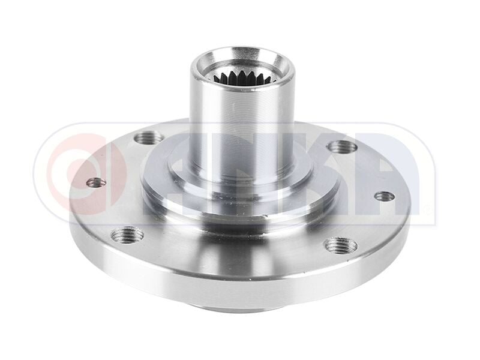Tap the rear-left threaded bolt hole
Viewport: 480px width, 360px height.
point(148,138)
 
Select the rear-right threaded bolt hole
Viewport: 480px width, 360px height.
point(343,146)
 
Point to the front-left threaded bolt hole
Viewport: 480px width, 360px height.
point(127,234)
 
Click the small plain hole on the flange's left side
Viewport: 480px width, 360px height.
point(96,182)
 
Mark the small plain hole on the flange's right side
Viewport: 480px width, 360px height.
point(384,196)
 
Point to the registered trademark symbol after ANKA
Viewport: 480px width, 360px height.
point(427,211)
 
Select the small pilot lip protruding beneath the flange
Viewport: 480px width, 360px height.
point(240,308)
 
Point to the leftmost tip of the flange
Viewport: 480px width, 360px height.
point(70,204)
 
